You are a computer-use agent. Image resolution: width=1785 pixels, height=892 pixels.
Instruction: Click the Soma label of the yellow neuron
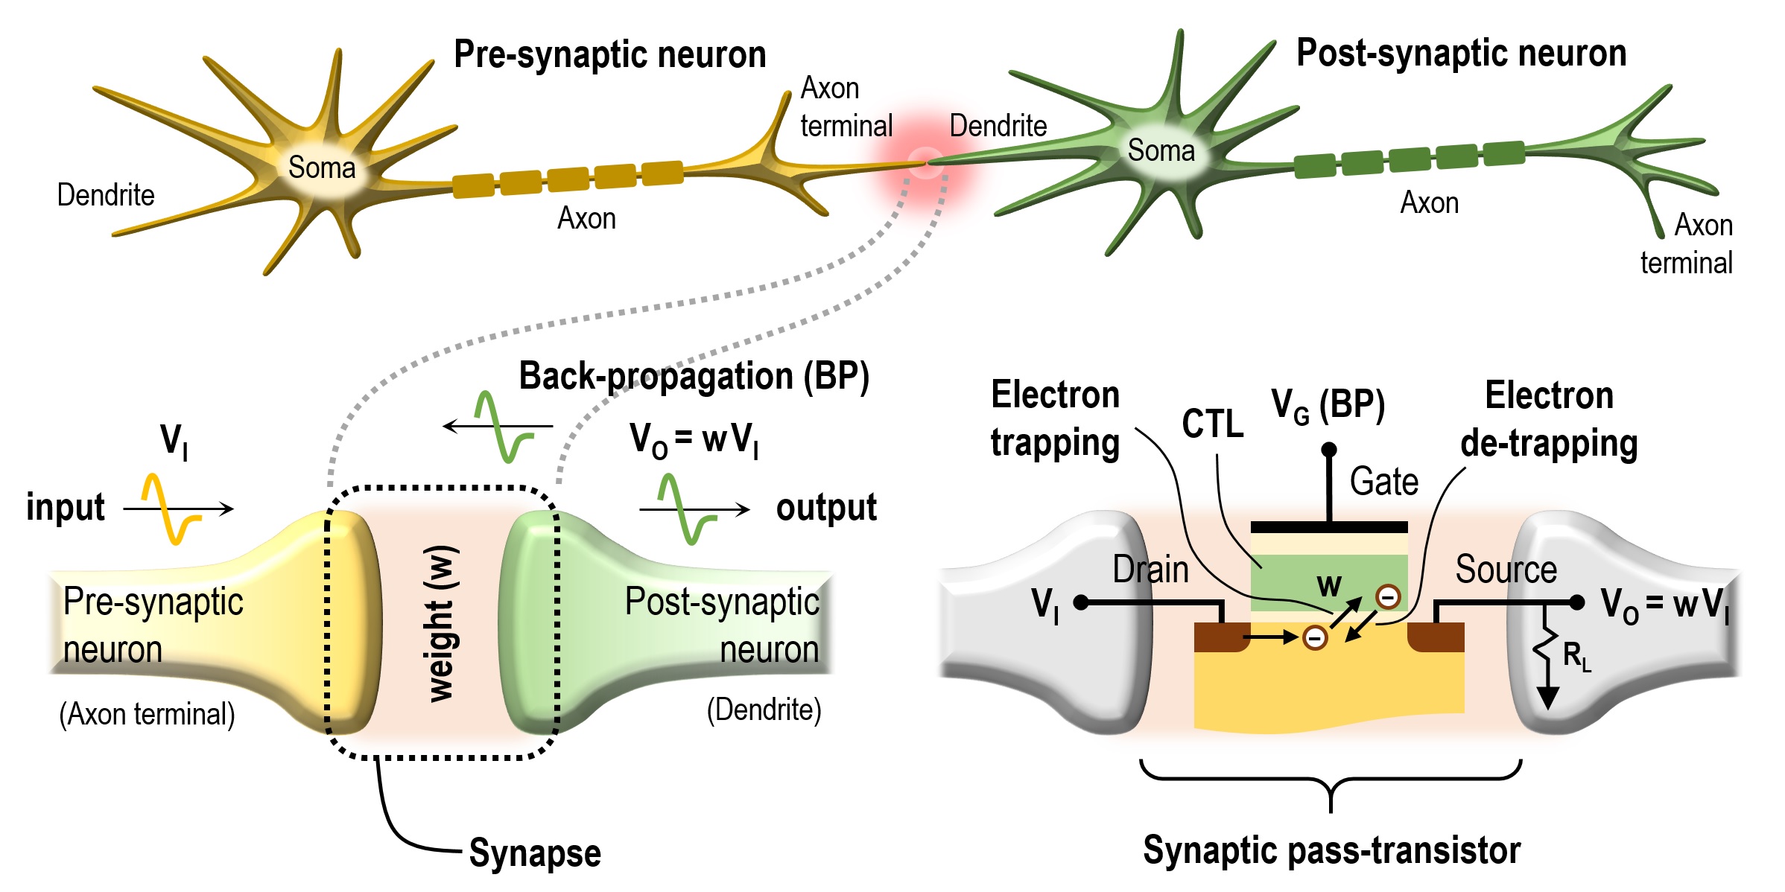(322, 168)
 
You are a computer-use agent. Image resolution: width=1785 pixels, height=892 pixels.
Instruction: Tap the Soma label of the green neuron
(1161, 150)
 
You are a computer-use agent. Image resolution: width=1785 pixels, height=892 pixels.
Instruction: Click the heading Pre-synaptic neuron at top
(609, 54)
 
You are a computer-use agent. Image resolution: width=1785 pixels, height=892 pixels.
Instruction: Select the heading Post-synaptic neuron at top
(1461, 53)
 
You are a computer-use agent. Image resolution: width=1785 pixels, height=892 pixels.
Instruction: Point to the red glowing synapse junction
(925, 162)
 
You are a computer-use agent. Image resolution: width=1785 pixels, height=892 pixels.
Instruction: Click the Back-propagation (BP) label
(694, 376)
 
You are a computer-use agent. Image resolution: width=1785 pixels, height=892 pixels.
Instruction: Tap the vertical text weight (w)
(441, 624)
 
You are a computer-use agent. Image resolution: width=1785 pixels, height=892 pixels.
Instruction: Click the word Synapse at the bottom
(534, 853)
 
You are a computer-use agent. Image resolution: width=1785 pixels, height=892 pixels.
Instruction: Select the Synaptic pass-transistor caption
(1331, 850)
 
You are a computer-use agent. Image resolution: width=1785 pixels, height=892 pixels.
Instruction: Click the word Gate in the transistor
(1383, 482)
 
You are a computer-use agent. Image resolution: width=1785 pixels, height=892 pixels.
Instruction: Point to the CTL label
(1212, 424)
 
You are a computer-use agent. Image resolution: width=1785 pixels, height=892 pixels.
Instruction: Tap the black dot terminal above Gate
(1329, 450)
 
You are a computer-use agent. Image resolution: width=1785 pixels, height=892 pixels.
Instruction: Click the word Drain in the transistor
(1150, 570)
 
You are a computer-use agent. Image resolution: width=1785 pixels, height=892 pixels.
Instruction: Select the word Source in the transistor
(1506, 570)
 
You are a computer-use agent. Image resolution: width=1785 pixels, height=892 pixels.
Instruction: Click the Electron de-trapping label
(1549, 419)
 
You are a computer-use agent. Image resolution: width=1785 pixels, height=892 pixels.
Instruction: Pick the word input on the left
(66, 508)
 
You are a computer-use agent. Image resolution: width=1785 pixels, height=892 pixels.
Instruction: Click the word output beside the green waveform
(826, 508)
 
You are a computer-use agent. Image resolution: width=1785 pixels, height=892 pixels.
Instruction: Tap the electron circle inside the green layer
(1388, 596)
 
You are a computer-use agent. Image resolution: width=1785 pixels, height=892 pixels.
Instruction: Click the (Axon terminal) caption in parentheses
(147, 714)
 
